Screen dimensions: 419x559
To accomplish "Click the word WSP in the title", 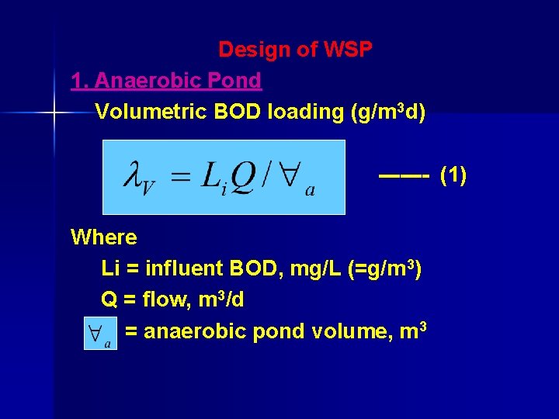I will pyautogui.click(x=348, y=50).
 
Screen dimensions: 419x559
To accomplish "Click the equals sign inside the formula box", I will pyautogui.click(x=180, y=178).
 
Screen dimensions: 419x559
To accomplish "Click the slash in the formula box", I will pyautogui.click(x=266, y=177).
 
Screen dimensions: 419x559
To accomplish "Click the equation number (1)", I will pyautogui.click(x=453, y=176).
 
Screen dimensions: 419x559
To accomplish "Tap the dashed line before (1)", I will pyautogui.click(x=404, y=176).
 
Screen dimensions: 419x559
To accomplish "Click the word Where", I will pyautogui.click(x=103, y=237).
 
